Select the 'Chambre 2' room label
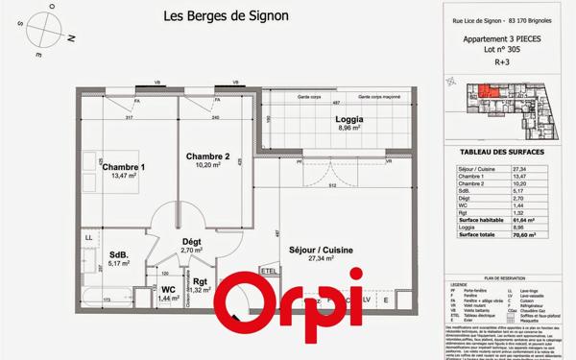(x=207, y=156)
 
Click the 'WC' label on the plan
(x=167, y=288)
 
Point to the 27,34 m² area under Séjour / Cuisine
(x=319, y=258)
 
